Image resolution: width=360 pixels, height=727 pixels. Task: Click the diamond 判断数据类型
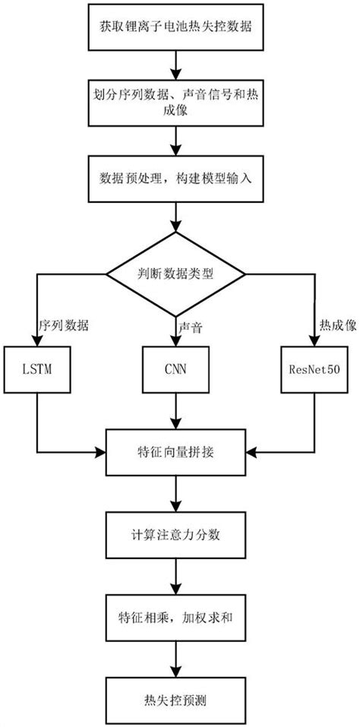(176, 273)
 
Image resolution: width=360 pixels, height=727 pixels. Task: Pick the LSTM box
(36, 370)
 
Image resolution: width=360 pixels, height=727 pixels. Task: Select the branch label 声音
(191, 325)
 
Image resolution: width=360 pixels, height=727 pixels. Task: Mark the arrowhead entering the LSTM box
(36, 342)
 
